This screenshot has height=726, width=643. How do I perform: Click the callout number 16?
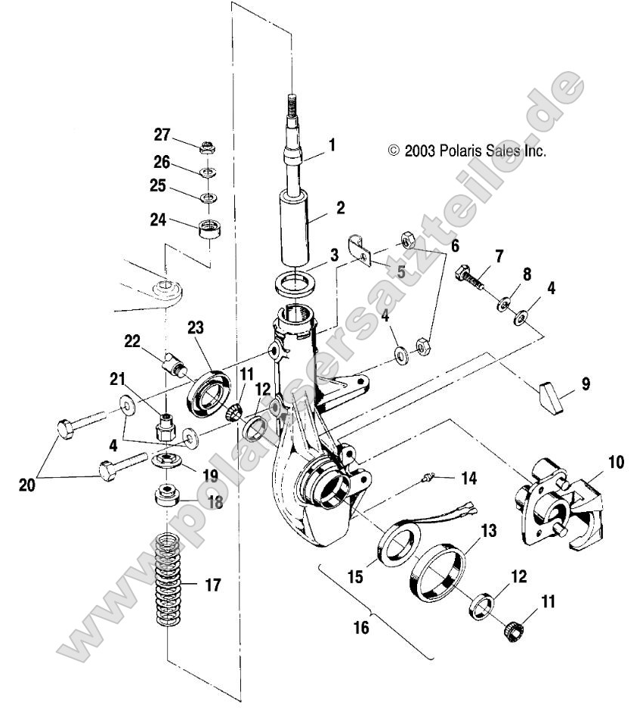point(362,628)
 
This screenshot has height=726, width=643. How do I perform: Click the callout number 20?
point(26,486)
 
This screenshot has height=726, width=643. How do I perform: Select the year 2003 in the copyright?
point(419,150)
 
